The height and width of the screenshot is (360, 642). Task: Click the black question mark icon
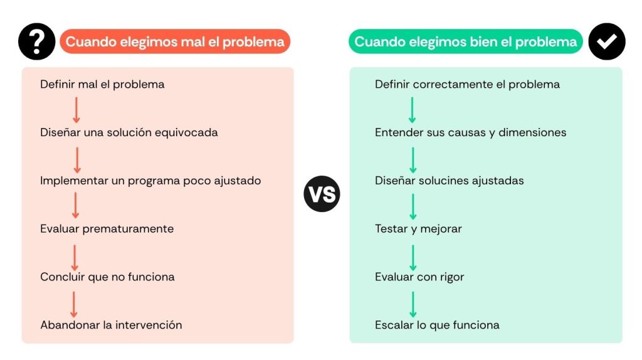point(37,41)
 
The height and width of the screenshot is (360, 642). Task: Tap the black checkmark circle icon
point(607,41)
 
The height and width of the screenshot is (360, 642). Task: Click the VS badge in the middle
point(322,194)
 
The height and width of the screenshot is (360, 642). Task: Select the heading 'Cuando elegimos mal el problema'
point(175,41)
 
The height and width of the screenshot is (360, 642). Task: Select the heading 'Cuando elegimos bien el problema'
point(466,41)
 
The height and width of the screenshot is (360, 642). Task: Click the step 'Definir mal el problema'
point(102,85)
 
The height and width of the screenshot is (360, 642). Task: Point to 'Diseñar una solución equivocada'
point(129,132)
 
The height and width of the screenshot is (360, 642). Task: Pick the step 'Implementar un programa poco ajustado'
point(150,181)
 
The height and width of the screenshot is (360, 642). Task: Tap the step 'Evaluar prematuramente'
point(107,228)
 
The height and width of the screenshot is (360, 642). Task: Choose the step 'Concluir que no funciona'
point(107,277)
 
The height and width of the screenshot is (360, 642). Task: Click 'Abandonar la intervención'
point(111,325)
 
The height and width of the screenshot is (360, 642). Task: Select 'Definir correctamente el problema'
point(467,85)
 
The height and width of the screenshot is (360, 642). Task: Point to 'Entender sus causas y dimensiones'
point(470,132)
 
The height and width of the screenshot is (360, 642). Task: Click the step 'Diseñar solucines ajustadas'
point(449,181)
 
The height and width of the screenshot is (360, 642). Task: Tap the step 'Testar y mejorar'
point(418,228)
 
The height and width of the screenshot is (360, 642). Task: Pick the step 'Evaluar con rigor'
point(419,277)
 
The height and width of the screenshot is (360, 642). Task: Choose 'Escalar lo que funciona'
point(437,325)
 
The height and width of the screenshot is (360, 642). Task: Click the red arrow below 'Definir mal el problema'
point(76,110)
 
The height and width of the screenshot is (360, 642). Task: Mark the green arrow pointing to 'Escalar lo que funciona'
point(413,304)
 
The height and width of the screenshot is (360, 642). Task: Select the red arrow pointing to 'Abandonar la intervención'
point(74,304)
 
